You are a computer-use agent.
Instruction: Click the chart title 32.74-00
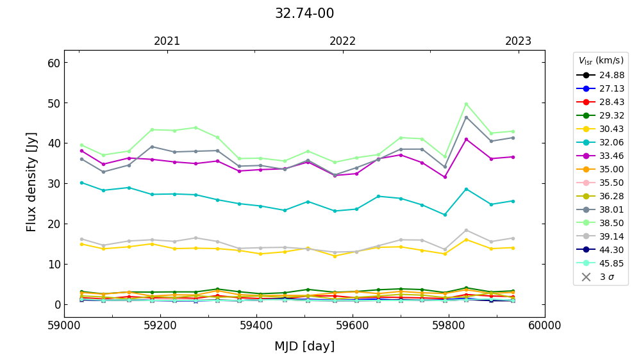coord(304,13)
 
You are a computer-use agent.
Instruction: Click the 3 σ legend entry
coord(600,277)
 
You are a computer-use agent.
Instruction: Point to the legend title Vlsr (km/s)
coord(601,61)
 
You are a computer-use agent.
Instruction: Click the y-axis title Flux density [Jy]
coord(32,182)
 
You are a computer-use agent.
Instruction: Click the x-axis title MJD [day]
coord(304,347)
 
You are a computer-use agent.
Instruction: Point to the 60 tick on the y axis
coord(53,63)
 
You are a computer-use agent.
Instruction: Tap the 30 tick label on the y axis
coord(53,184)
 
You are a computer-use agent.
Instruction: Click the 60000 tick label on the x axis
coord(545,325)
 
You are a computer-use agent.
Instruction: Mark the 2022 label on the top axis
coord(343,42)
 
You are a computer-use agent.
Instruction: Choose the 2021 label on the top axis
coord(167,42)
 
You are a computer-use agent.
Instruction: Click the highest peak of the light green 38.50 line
coord(466,104)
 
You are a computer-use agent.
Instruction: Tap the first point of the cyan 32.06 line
coord(81,183)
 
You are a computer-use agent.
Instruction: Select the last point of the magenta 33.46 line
coord(513,157)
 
